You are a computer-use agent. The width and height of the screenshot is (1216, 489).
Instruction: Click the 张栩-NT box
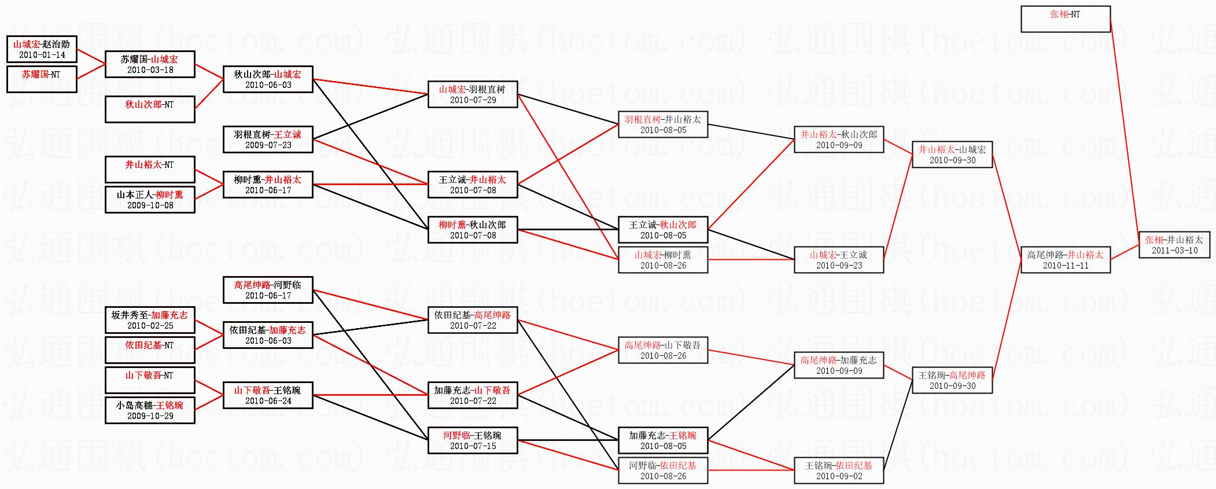[x=1065, y=19]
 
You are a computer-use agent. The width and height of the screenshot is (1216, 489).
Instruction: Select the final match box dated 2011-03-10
[x=1174, y=245]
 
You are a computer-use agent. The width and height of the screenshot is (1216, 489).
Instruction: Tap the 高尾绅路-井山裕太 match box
[x=1065, y=260]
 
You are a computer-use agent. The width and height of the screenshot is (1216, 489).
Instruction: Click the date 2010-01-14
[x=42, y=55]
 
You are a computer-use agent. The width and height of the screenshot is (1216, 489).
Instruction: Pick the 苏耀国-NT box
[x=42, y=79]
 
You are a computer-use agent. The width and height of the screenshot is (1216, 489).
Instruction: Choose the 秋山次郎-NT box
[x=150, y=109]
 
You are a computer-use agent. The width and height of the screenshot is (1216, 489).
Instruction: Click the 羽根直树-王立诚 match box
[x=268, y=139]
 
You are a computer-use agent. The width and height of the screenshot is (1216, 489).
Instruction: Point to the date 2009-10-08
[x=150, y=205]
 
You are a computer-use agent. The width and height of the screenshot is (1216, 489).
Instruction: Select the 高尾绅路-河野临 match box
[x=268, y=290]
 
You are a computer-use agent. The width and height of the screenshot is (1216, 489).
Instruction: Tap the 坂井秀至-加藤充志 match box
[x=150, y=320]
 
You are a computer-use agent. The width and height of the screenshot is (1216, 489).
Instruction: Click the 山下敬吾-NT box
[x=150, y=380]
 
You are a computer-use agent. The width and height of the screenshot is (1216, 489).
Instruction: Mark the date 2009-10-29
[x=150, y=416]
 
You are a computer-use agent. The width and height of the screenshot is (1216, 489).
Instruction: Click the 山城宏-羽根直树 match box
[x=473, y=94]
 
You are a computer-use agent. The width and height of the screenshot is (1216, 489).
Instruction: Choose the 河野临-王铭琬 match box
[x=473, y=440]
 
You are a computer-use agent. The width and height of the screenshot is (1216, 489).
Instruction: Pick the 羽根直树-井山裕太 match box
[x=663, y=124]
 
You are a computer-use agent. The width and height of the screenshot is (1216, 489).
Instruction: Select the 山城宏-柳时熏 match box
[x=663, y=260]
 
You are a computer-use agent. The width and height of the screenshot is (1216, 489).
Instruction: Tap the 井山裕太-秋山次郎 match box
[x=839, y=139]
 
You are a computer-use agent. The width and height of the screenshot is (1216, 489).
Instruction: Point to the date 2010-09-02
[x=839, y=476]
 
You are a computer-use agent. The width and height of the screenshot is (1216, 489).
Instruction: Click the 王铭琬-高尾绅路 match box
[x=952, y=380]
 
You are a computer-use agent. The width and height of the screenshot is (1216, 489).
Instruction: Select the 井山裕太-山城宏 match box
[x=952, y=155]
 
